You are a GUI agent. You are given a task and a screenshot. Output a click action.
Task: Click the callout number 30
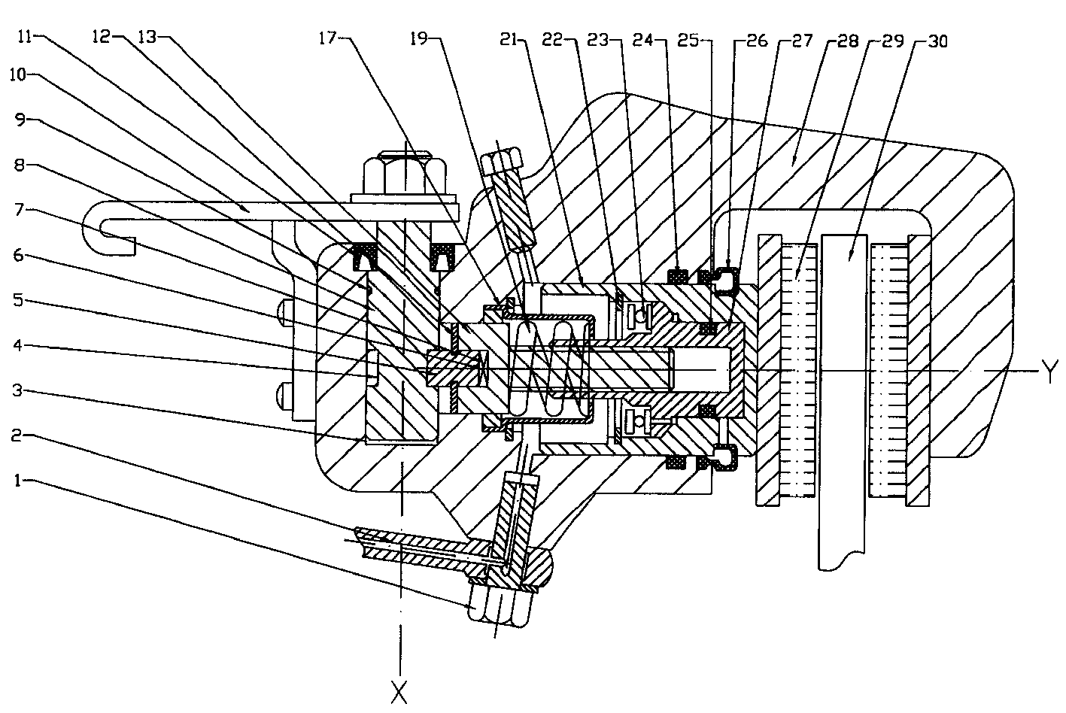pos(937,40)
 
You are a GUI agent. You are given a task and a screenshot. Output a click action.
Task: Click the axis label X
pos(399,690)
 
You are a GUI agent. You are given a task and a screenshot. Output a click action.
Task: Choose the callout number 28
pos(847,40)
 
